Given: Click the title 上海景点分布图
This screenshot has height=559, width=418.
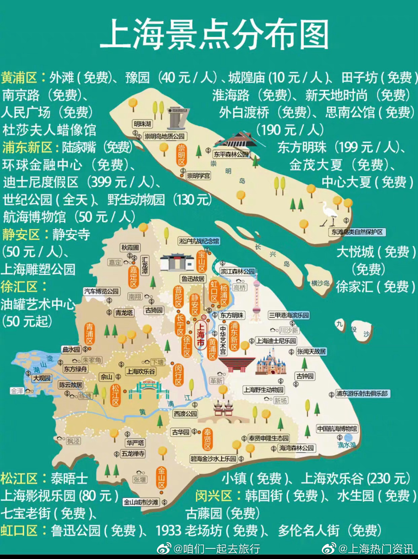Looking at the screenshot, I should [214, 35].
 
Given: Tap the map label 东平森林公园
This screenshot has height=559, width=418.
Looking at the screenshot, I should [231, 154].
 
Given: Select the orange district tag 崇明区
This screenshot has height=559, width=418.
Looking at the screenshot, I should [182, 155].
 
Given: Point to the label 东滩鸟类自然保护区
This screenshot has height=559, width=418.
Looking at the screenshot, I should [357, 232].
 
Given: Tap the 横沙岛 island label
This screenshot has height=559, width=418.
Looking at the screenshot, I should [320, 283].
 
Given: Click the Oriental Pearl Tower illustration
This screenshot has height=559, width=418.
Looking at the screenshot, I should [257, 296].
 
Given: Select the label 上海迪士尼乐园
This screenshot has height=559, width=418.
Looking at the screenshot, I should [276, 341].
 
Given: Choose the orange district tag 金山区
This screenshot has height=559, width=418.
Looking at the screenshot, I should [162, 478].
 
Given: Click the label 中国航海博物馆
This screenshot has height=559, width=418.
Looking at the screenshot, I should [337, 429].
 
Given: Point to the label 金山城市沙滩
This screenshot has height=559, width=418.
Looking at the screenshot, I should [141, 502].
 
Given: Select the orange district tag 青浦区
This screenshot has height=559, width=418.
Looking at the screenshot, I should [89, 334].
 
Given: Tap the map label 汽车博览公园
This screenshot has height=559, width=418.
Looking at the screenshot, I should [101, 291].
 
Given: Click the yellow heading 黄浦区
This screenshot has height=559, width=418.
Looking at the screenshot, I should [19, 78].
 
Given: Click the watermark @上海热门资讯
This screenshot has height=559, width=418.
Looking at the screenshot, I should [375, 549].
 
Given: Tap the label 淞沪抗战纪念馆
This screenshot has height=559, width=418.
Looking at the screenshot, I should [199, 241].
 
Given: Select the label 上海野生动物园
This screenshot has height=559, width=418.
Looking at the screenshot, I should [264, 390].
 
